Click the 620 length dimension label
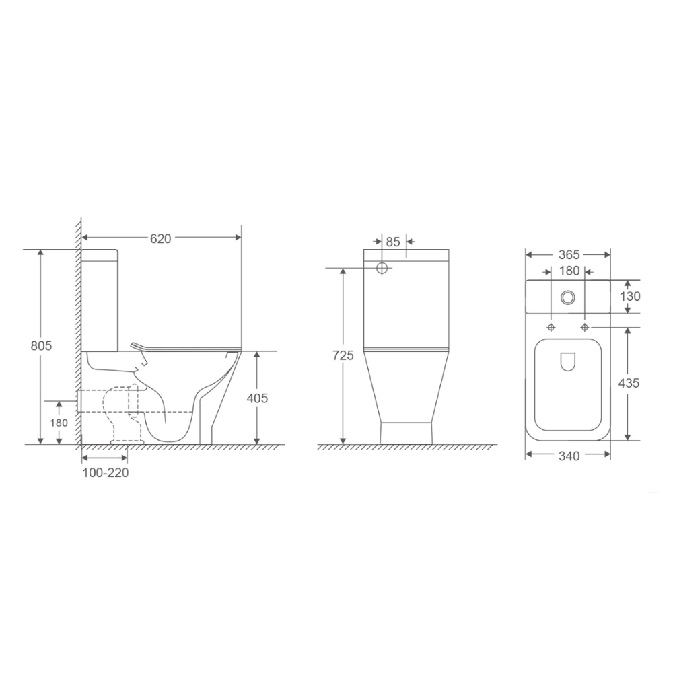(161, 238)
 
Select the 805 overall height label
(41, 345)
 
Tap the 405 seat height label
(257, 398)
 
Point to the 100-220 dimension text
(106, 472)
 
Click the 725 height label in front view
(343, 355)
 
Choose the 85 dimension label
(393, 242)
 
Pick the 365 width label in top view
(569, 255)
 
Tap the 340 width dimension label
(569, 456)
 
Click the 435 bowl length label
(629, 383)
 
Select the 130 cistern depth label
(630, 296)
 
